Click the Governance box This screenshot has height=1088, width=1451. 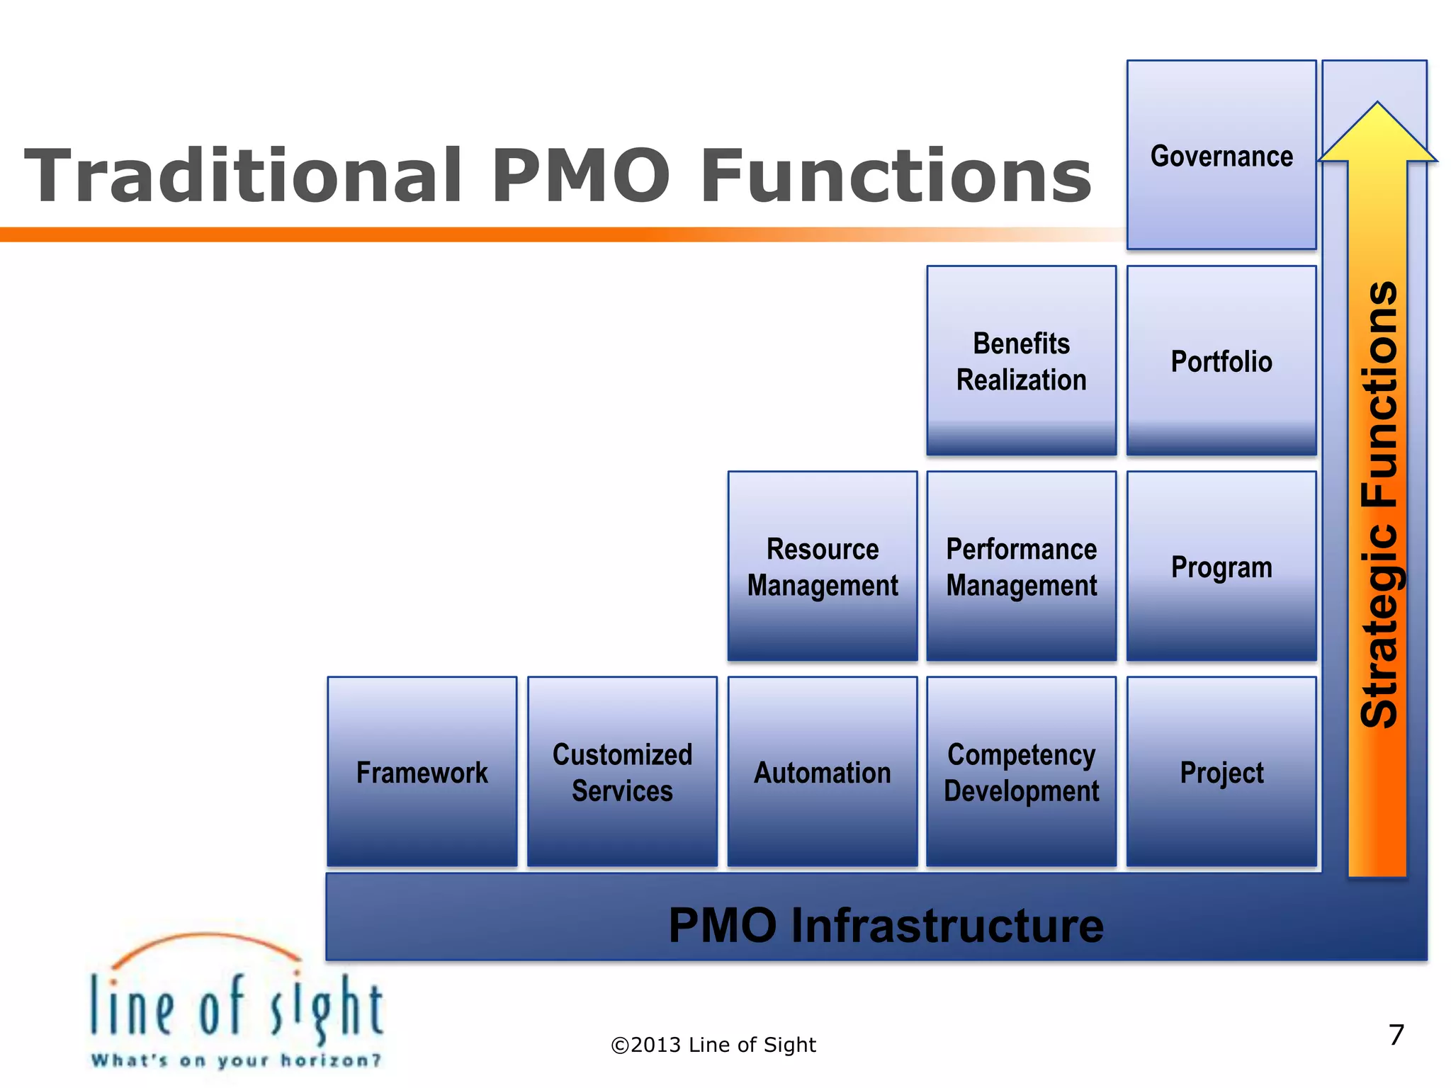click(1221, 155)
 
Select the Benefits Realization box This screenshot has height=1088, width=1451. click(1021, 361)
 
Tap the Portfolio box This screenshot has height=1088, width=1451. click(1221, 361)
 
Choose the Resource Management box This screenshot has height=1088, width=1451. click(822, 567)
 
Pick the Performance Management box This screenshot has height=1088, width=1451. click(1021, 567)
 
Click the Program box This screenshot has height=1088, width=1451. click(1221, 567)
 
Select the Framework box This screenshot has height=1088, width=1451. click(422, 772)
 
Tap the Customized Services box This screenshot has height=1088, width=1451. click(622, 772)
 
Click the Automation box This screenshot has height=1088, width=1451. click(822, 772)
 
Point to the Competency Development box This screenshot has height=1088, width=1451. click(1021, 772)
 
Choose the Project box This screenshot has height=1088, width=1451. click(1221, 772)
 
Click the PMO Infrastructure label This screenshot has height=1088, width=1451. click(886, 925)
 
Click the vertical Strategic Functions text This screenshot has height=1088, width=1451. click(1379, 504)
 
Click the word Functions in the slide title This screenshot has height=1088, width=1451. click(896, 176)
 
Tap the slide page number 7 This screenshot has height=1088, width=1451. click(1396, 1035)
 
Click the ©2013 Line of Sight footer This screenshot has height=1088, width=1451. click(713, 1045)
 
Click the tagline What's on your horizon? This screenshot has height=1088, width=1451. click(236, 1060)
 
